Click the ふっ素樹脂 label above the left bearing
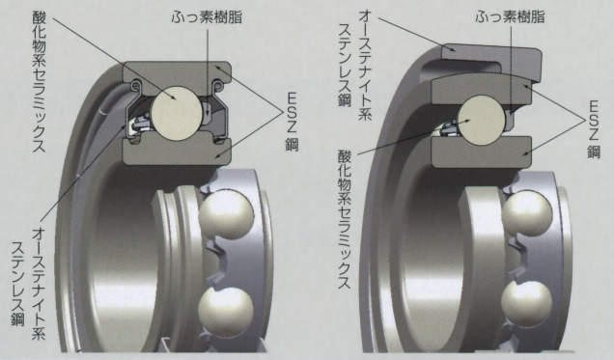pyautogui.click(x=207, y=16)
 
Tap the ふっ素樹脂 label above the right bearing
pyautogui.click(x=511, y=16)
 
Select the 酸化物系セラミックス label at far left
pyautogui.click(x=39, y=80)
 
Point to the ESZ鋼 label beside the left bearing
pyautogui.click(x=292, y=122)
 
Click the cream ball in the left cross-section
pyautogui.click(x=177, y=113)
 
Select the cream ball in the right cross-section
pyautogui.click(x=481, y=120)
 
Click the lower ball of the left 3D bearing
pyautogui.click(x=226, y=311)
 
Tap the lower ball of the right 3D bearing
pyautogui.click(x=527, y=303)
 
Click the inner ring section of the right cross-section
pyautogui.click(x=482, y=152)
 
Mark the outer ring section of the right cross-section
pyautogui.click(x=482, y=91)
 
